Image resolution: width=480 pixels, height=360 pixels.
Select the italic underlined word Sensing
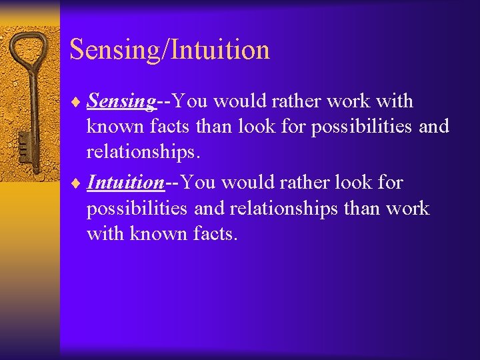click(121, 101)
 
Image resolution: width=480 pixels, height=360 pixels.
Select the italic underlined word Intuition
click(125, 182)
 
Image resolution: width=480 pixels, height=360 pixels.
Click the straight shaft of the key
click(29, 100)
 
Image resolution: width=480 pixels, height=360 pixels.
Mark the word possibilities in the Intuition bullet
click(137, 209)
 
